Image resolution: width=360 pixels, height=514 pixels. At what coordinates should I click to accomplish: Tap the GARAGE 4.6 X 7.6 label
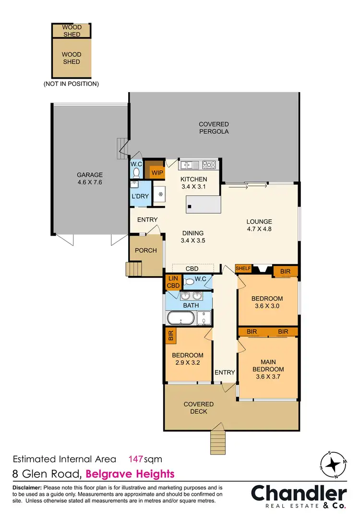90,179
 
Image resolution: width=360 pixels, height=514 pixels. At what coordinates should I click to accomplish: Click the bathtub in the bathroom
180,318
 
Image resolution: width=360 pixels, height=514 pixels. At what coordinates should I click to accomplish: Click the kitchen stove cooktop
209,165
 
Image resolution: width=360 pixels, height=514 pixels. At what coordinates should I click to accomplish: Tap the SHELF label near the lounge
243,268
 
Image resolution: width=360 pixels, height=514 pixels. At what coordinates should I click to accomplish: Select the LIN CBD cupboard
173,282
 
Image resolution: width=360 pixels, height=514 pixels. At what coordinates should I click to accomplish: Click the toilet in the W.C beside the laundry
136,172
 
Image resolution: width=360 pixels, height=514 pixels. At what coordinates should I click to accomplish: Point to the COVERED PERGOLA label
214,128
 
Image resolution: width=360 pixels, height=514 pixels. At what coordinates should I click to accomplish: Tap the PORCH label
145,251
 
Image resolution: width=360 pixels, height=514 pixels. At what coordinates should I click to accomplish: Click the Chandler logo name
299,493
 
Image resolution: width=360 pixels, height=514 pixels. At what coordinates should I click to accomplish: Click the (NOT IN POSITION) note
71,84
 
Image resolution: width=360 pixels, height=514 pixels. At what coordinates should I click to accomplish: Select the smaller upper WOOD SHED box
72,30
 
